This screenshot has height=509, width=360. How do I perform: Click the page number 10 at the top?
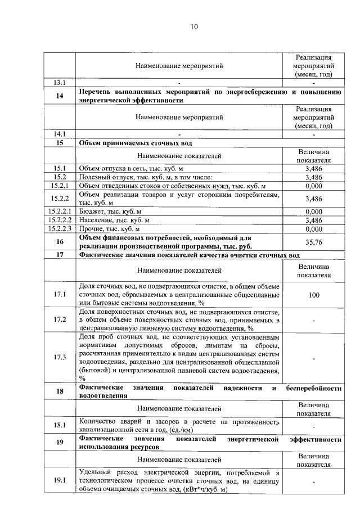coord(195,26)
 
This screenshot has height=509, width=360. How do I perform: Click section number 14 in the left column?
coord(60,96)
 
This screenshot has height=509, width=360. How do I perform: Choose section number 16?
coord(60,242)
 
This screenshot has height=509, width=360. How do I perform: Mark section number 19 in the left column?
coord(60,442)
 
